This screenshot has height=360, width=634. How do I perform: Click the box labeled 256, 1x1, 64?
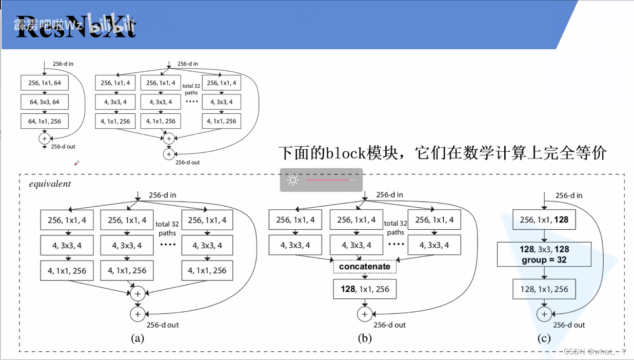point(44,83)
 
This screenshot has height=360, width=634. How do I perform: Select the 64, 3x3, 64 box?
point(44,102)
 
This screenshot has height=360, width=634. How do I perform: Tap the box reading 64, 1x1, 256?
point(44,121)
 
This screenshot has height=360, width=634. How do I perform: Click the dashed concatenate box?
point(364,267)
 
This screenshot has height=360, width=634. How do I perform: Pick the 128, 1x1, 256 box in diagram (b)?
point(365,289)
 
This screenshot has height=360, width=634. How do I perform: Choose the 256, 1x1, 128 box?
point(544,219)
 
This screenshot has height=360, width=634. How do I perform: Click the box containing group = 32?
point(544,254)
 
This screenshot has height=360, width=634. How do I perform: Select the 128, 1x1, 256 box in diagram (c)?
point(544,289)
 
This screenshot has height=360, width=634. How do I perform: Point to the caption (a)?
point(137,338)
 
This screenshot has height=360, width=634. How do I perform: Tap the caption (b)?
point(364,338)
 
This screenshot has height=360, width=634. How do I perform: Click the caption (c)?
point(544,338)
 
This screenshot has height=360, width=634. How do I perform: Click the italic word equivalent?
point(50,184)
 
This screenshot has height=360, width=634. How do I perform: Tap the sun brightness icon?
point(293,180)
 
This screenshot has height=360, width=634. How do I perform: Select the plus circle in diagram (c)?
point(544,313)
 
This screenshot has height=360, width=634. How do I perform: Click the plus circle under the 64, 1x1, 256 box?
point(44,138)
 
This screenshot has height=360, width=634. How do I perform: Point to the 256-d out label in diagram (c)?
point(569,325)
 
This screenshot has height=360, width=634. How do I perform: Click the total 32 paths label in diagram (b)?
point(395,228)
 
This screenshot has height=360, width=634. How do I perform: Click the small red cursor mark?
point(77,163)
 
